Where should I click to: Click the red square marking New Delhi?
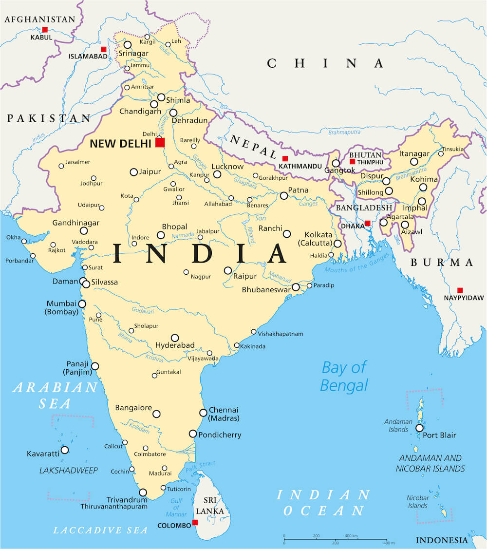(160, 142)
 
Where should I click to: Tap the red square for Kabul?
(45, 30)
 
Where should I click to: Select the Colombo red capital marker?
(195, 522)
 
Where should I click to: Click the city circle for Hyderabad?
(175, 338)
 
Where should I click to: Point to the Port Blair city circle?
(419, 428)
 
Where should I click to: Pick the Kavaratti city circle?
(64, 450)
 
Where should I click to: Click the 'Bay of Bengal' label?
(344, 376)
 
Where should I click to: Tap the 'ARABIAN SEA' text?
(55, 395)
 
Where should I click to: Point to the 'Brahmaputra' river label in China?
(344, 132)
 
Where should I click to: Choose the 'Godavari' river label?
(142, 310)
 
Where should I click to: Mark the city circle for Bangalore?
(156, 414)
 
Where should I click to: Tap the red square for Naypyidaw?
(460, 290)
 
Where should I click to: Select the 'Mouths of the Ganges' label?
(357, 263)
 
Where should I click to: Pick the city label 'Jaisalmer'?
(78, 162)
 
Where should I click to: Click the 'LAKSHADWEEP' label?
(69, 470)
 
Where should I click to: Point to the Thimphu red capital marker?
(352, 161)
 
